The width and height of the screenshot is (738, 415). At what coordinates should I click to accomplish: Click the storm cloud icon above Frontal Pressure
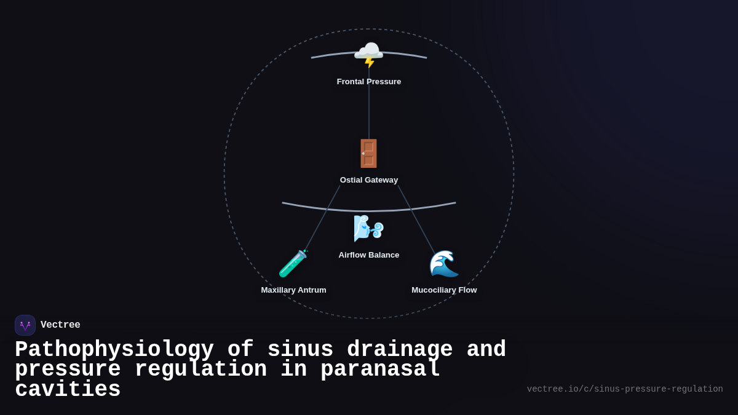coord(368,54)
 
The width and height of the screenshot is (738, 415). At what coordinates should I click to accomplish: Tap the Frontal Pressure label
coord(369,82)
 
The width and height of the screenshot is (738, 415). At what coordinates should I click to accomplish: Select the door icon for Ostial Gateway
coord(368,154)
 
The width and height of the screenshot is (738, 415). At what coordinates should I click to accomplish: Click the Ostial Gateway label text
coord(369,180)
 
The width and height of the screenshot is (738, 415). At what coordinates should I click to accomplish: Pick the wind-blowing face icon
coord(368,229)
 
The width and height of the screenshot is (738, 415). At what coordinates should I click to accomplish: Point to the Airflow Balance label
coord(369,255)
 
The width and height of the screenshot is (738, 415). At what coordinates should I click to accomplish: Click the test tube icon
coord(293,264)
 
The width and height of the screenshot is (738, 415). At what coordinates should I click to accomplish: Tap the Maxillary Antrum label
coord(293,290)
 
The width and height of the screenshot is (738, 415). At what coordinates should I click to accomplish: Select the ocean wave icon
coord(443,264)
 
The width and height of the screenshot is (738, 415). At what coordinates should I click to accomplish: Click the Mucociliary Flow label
coord(444,290)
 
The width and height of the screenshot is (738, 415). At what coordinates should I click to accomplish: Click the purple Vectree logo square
coord(25,325)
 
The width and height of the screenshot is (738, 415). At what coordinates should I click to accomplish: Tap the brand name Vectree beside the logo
coord(60,325)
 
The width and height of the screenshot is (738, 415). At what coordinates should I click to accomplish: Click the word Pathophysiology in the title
coord(114,350)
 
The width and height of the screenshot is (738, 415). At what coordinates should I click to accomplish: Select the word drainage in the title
coord(400,350)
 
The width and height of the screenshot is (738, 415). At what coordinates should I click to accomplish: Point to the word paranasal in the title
coord(381,370)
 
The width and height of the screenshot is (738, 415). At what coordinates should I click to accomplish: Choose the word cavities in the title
coord(68,390)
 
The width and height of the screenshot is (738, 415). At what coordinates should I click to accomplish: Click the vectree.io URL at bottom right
coord(625,389)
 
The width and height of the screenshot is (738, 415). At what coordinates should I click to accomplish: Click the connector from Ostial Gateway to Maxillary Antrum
coord(322,218)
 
